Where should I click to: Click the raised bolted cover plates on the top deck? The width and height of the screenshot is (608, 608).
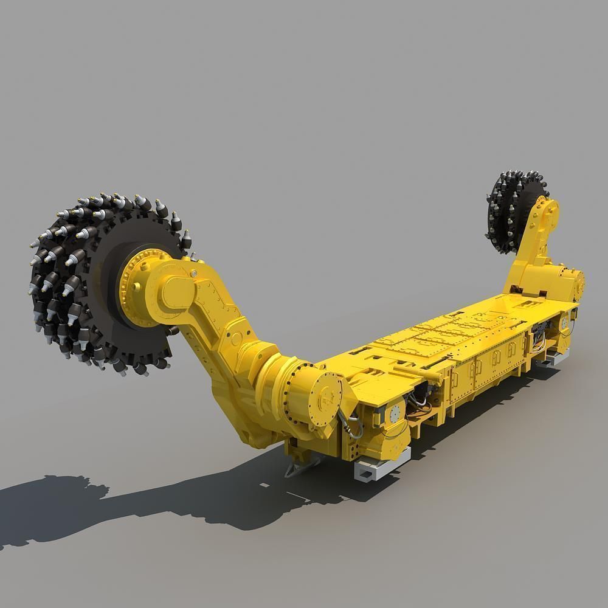pyautogui.click(x=444, y=331)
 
